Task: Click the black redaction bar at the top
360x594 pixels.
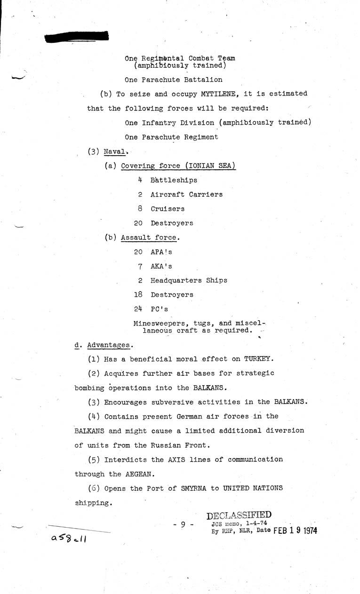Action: (78, 36)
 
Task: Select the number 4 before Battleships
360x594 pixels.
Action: (140, 180)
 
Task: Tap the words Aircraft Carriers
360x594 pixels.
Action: (186, 194)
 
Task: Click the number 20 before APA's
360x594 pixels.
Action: (138, 252)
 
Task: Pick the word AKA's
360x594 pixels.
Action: (161, 266)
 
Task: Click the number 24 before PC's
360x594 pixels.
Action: (138, 309)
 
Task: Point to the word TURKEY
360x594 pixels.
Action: (258, 359)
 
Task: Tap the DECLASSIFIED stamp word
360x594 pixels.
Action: (239, 515)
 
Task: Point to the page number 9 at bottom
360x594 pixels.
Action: (183, 523)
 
